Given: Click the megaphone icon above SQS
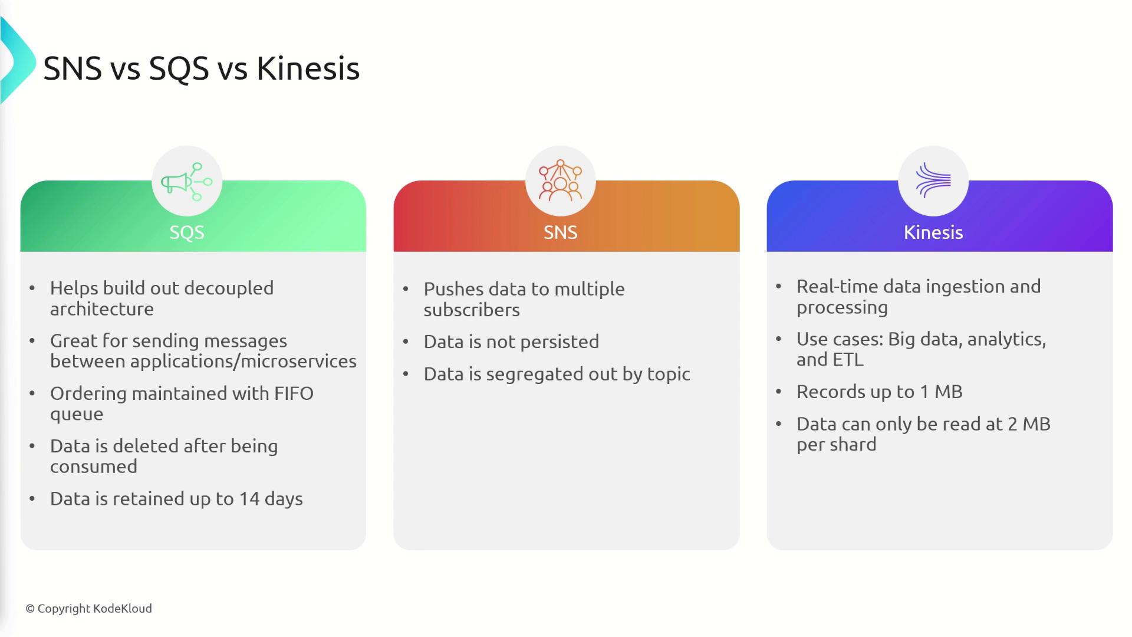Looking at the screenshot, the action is point(187,181).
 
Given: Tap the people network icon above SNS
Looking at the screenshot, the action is point(560,180).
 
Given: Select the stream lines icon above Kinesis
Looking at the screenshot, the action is point(933,180).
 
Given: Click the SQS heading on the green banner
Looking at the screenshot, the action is point(187,232).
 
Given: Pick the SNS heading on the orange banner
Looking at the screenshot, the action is point(560,232).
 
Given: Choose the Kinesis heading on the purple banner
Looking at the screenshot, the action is point(933,232).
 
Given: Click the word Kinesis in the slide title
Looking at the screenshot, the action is point(308,68).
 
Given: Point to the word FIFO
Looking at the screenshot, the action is point(294,393).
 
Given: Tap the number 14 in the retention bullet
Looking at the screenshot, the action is point(249,499).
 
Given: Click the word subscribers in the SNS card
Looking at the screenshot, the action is point(472,310).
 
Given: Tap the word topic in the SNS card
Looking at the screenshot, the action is point(669,375).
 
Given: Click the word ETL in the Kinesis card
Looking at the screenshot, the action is point(847,360).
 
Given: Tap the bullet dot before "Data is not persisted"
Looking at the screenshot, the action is point(406,342).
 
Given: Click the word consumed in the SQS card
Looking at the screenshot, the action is point(94,467).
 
